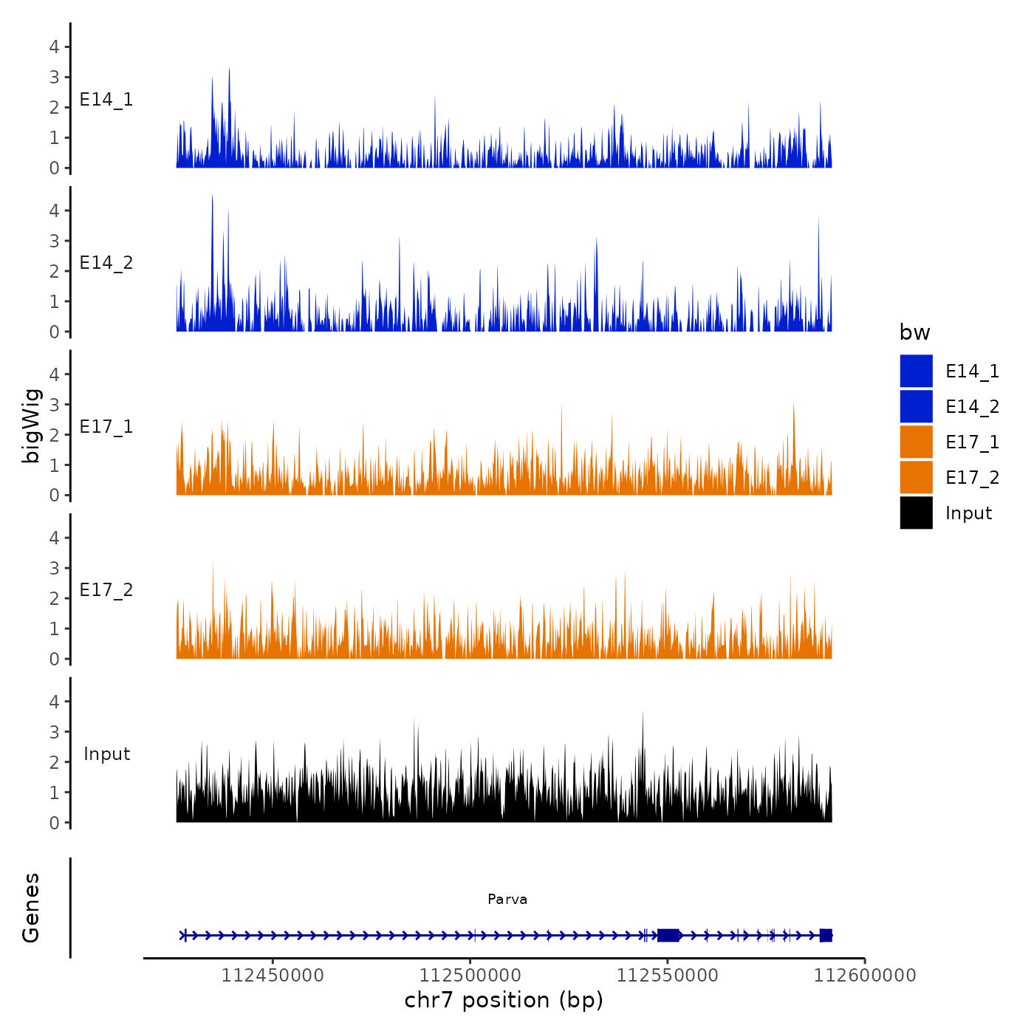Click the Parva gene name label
[507, 899]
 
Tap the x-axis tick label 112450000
[273, 976]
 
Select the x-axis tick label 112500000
[470, 976]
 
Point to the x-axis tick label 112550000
[668, 976]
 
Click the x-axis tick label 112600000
[865, 976]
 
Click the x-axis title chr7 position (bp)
[504, 1000]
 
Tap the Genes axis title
[31, 908]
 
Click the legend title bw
[914, 332]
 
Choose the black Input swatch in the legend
[916, 513]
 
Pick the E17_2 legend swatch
[916, 477]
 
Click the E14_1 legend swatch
[916, 371]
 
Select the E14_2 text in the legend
[972, 406]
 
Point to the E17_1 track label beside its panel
[106, 426]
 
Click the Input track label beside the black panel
[106, 753]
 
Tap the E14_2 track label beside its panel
[106, 262]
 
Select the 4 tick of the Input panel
[54, 701]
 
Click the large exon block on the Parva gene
[668, 935]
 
